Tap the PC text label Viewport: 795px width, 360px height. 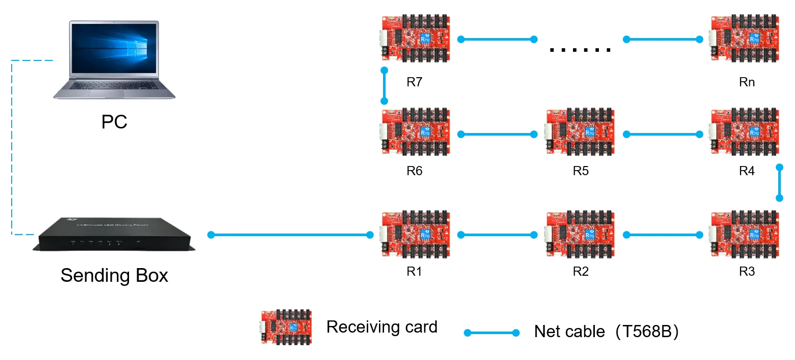click(x=114, y=122)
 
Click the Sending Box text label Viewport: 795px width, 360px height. click(x=114, y=276)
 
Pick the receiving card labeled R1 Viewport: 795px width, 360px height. click(x=415, y=235)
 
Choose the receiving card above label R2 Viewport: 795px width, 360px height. click(x=580, y=235)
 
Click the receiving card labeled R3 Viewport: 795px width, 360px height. click(x=745, y=235)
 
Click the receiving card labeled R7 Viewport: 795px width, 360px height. click(x=415, y=39)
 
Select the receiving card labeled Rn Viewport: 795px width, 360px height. click(x=745, y=39)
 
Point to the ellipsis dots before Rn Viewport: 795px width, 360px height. click(x=580, y=50)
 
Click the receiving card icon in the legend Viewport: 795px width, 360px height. click(x=286, y=327)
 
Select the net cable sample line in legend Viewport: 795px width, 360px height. click(x=492, y=333)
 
